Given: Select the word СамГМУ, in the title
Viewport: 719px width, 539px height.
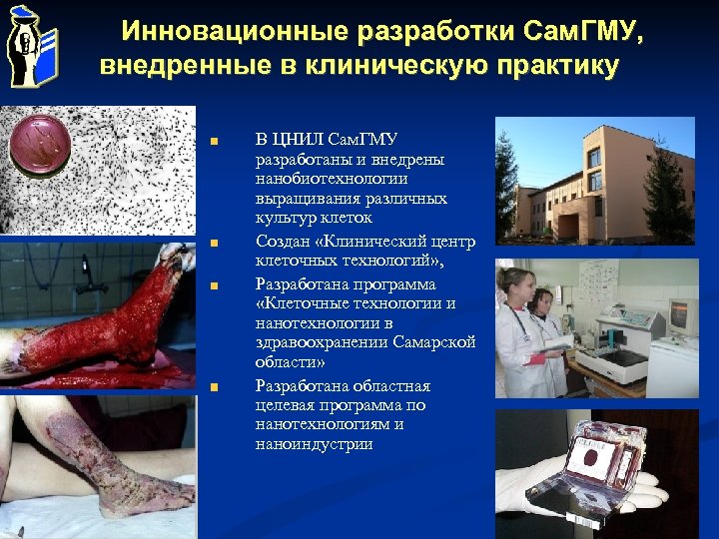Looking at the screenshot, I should click(x=584, y=32).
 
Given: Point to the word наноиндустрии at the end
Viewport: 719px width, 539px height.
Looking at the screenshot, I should click(x=314, y=445).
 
